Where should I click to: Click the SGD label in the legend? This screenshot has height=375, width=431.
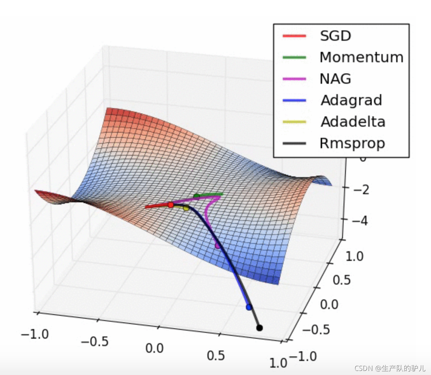(x=335, y=36)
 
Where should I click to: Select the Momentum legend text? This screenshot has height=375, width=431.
(x=361, y=57)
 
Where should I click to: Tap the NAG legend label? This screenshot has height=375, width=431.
(x=335, y=79)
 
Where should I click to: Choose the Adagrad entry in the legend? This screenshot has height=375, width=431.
(x=351, y=100)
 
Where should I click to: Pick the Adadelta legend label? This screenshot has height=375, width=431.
(x=353, y=122)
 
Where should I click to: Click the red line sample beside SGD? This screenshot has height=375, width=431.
(x=294, y=36)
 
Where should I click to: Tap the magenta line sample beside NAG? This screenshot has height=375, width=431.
(x=294, y=79)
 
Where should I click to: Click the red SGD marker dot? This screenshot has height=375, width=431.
(x=171, y=205)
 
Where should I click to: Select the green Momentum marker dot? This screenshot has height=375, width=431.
(x=197, y=196)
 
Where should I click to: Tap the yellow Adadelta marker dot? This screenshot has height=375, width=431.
(x=186, y=208)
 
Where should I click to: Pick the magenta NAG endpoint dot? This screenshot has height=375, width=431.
(x=218, y=245)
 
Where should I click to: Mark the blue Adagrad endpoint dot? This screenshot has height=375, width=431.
(x=249, y=307)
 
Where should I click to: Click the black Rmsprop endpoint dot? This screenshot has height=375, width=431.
(x=260, y=328)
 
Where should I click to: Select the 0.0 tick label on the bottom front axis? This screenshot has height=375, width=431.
(x=154, y=348)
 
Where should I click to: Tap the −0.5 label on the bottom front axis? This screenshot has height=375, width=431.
(x=95, y=341)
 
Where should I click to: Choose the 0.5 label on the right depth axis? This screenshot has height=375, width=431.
(x=342, y=280)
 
